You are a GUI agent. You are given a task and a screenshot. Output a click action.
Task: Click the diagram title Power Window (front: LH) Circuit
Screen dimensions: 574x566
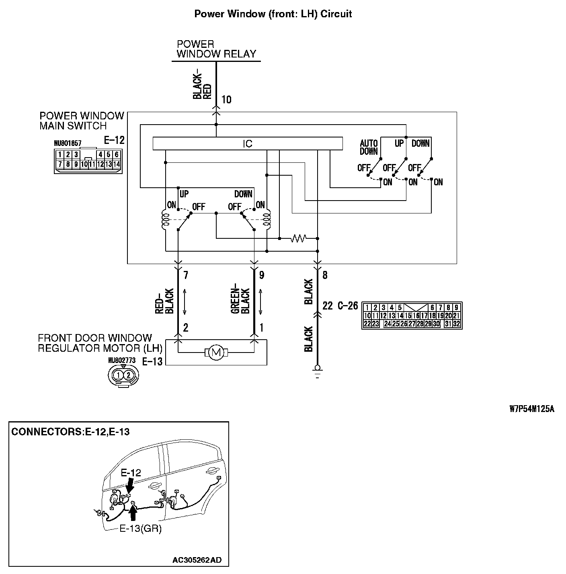[273, 14]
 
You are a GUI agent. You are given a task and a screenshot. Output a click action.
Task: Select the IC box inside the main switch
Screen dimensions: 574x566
[248, 144]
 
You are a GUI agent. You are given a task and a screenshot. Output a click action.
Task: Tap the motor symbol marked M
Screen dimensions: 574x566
[216, 353]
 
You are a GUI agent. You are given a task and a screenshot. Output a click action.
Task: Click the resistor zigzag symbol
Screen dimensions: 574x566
[298, 238]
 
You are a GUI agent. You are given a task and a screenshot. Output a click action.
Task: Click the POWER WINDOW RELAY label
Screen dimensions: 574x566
[216, 49]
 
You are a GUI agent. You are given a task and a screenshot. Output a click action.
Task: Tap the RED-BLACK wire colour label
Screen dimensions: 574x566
[164, 301]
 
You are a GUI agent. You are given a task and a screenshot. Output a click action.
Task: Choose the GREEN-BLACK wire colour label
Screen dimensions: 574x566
[240, 301]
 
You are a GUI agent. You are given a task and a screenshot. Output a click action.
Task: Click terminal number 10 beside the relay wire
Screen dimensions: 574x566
[226, 100]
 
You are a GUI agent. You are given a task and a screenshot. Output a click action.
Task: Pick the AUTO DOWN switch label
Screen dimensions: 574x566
[369, 147]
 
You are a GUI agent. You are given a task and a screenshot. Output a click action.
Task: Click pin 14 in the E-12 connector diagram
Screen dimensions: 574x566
[117, 164]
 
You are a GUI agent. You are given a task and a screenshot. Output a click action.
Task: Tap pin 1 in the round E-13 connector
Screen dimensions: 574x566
[118, 375]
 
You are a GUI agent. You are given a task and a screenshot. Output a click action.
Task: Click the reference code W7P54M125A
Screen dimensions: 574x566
[532, 409]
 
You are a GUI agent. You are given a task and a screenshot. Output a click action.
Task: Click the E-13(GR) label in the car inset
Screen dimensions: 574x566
[141, 529]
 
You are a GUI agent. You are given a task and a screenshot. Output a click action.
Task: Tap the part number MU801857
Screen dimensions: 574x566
[68, 143]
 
